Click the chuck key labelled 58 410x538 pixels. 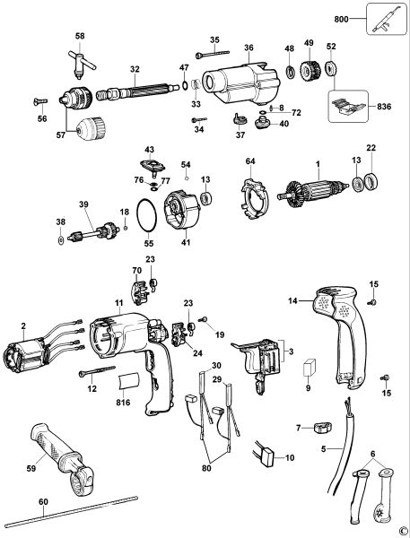80,59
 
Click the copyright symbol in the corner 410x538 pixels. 403,531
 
